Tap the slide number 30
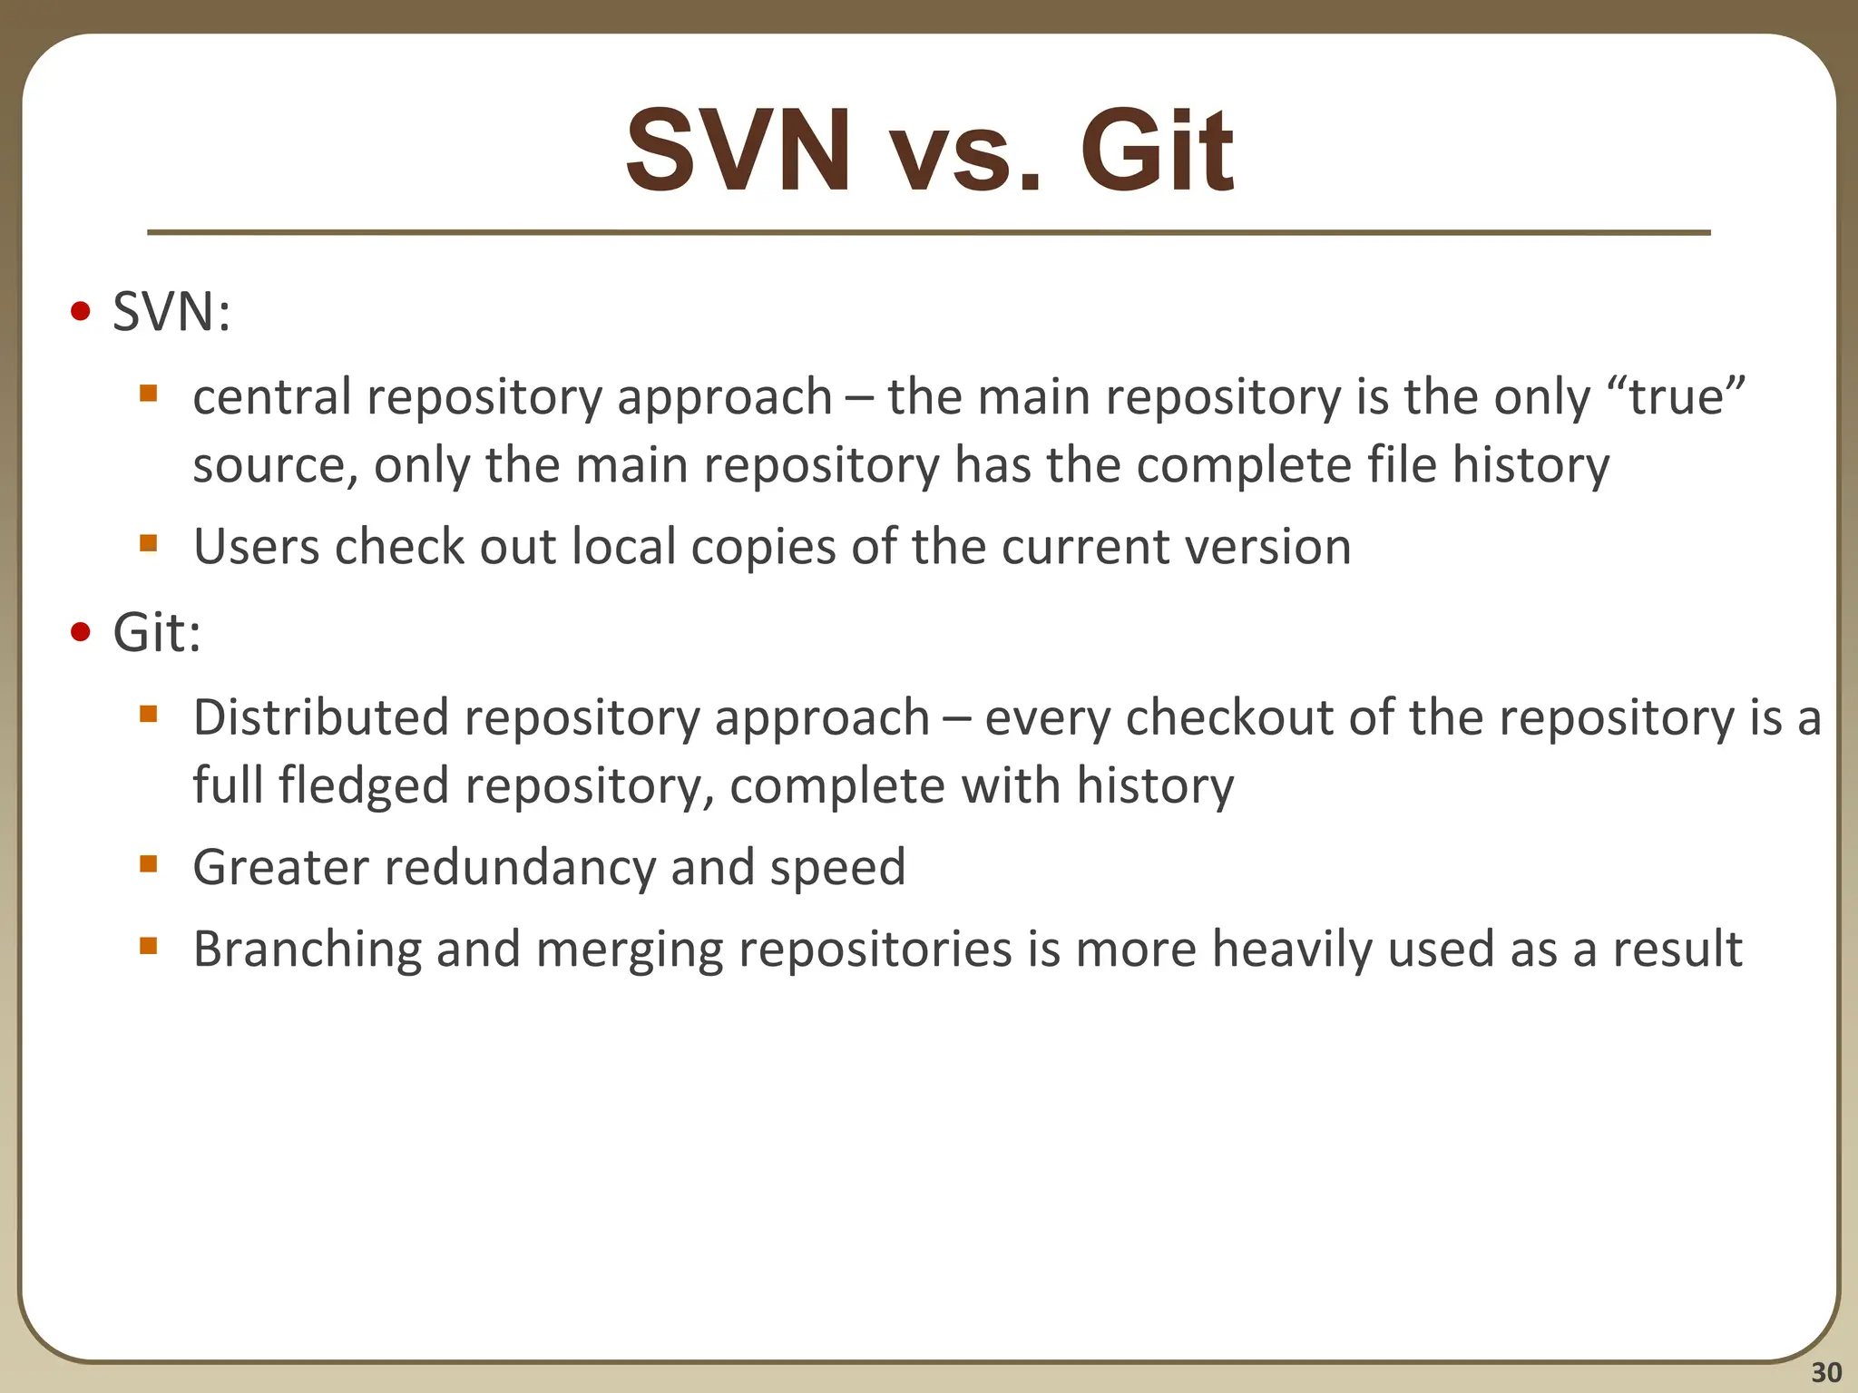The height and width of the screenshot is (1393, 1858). click(x=1825, y=1372)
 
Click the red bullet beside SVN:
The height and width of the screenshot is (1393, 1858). click(x=81, y=312)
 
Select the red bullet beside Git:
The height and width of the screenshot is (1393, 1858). click(x=81, y=631)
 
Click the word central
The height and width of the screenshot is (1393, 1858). click(x=271, y=397)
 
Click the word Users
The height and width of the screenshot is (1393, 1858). click(x=255, y=547)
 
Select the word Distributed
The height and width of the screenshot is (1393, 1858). click(x=321, y=717)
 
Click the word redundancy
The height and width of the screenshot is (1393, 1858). click(x=520, y=867)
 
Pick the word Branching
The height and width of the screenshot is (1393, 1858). click(x=308, y=950)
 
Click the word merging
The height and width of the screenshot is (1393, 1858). click(x=629, y=950)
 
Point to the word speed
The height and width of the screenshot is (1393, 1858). click(x=837, y=867)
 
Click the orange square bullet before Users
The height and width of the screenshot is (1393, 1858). click(x=149, y=543)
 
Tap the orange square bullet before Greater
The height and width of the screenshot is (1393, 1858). click(x=149, y=863)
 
